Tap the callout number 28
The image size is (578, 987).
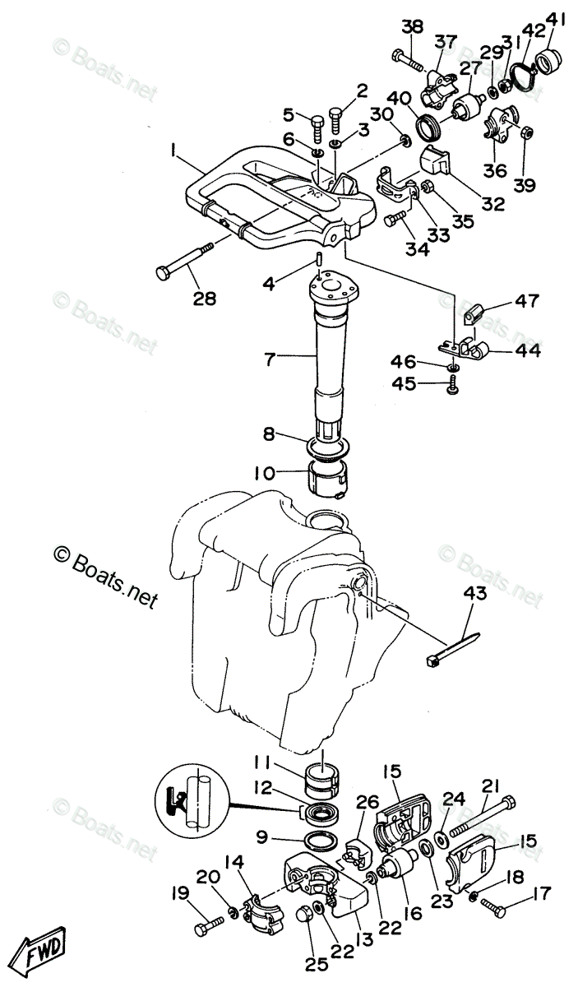coord(205,297)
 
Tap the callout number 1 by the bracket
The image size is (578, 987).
coord(174,151)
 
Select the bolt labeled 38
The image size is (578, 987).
coord(409,59)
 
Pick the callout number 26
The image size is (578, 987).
coord(368,800)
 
